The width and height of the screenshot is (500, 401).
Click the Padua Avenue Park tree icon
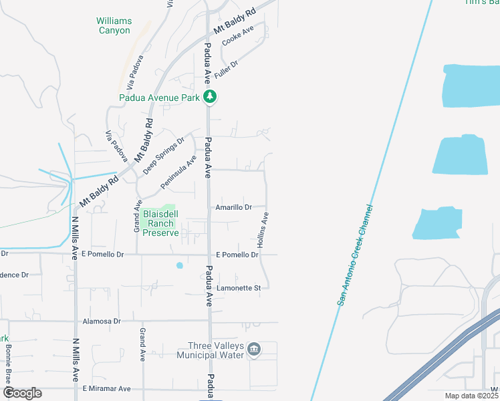click(x=211, y=97)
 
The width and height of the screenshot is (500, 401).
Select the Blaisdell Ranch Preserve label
click(x=160, y=223)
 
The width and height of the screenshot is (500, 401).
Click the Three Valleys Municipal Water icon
click(x=254, y=349)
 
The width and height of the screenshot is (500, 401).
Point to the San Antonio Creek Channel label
click(x=353, y=256)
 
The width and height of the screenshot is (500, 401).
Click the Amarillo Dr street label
click(x=233, y=208)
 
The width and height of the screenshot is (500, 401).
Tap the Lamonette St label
click(x=243, y=287)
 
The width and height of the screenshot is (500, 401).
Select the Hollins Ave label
click(x=263, y=231)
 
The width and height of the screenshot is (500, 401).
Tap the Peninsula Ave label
click(x=178, y=172)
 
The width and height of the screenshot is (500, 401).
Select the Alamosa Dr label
click(x=101, y=321)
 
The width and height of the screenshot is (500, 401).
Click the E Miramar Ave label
click(x=106, y=388)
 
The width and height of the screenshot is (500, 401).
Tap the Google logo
click(x=23, y=393)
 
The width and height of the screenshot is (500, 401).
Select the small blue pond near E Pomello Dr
click(x=179, y=266)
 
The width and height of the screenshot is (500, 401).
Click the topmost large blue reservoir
click(x=472, y=86)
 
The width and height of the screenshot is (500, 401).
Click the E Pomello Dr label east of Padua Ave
click(x=237, y=255)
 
